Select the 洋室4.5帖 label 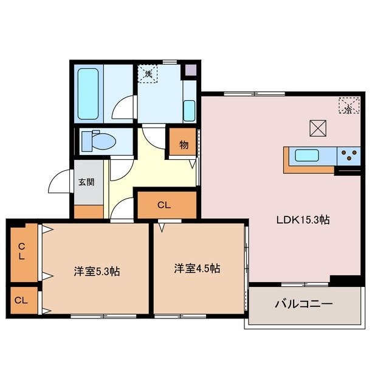197,268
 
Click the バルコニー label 303,303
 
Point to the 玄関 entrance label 86,181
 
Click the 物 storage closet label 183,145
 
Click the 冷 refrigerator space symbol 348,108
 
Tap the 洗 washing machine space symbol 148,74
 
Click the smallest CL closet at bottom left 22,300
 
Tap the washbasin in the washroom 188,111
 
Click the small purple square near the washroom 191,69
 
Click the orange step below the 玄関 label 89,212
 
